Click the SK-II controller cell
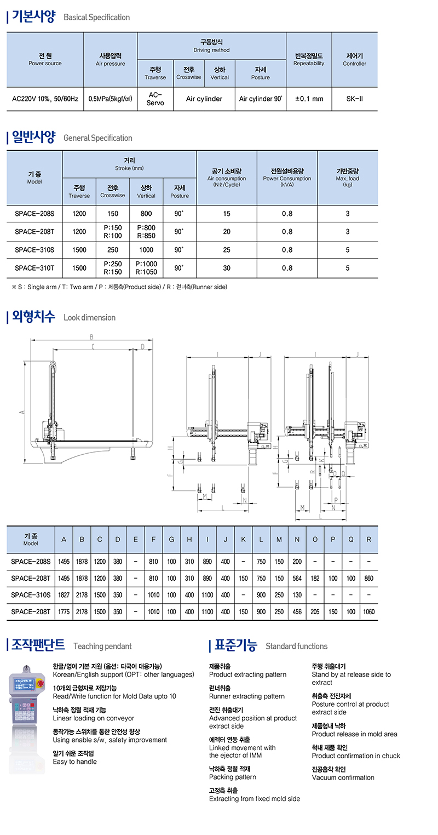354,99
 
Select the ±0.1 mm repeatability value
309,99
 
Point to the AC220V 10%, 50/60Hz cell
45,99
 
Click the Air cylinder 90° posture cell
260,99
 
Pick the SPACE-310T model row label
34,268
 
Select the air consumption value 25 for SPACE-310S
227,250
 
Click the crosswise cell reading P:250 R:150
112,268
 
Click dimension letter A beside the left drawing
21,412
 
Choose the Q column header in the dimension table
351,540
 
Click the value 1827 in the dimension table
64,595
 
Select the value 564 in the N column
297,578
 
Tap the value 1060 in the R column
369,611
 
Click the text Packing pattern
232,777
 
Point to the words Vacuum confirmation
343,777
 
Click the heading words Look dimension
89,318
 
